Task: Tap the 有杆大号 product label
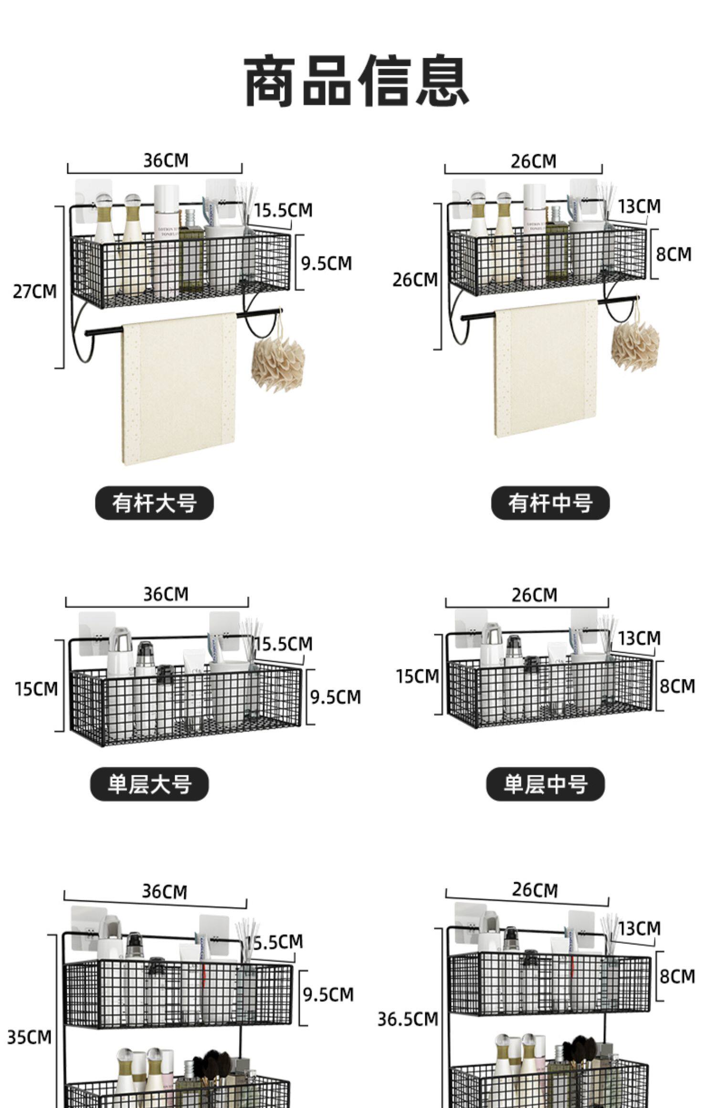pos(154,503)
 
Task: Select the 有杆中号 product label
pos(550,503)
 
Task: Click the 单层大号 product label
pos(149,784)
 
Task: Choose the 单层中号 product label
pos(545,784)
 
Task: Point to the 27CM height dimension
pos(34,291)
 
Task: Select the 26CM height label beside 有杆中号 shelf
pos(415,280)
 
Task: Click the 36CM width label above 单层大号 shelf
pos(166,594)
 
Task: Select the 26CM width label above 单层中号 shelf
pos(534,595)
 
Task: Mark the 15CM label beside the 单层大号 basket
pos(36,689)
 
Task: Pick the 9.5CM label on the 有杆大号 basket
pos(326,263)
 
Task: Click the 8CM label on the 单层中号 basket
pos(677,686)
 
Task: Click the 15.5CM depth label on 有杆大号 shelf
pos(283,210)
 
